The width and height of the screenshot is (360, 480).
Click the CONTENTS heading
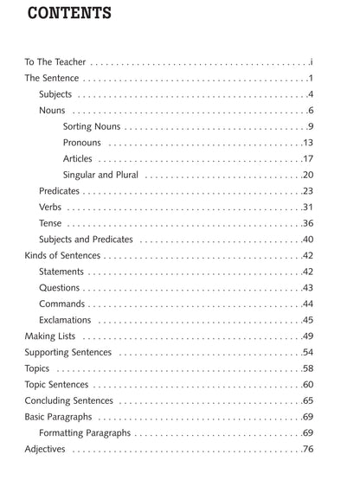click(x=69, y=13)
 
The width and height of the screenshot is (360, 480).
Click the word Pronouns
click(x=82, y=143)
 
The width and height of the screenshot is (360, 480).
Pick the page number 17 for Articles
click(x=307, y=159)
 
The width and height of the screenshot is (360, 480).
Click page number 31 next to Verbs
click(x=307, y=208)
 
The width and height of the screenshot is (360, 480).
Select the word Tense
click(x=50, y=223)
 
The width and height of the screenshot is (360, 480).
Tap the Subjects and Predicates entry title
click(x=83, y=240)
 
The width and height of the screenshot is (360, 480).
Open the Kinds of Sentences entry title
click(x=62, y=256)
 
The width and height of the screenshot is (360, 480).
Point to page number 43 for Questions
click(x=307, y=288)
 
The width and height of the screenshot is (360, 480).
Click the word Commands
click(x=61, y=304)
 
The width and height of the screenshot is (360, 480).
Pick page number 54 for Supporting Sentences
click(x=307, y=353)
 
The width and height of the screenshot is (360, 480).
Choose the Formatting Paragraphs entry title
click(x=85, y=433)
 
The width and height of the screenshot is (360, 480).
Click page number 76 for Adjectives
click(x=307, y=450)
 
